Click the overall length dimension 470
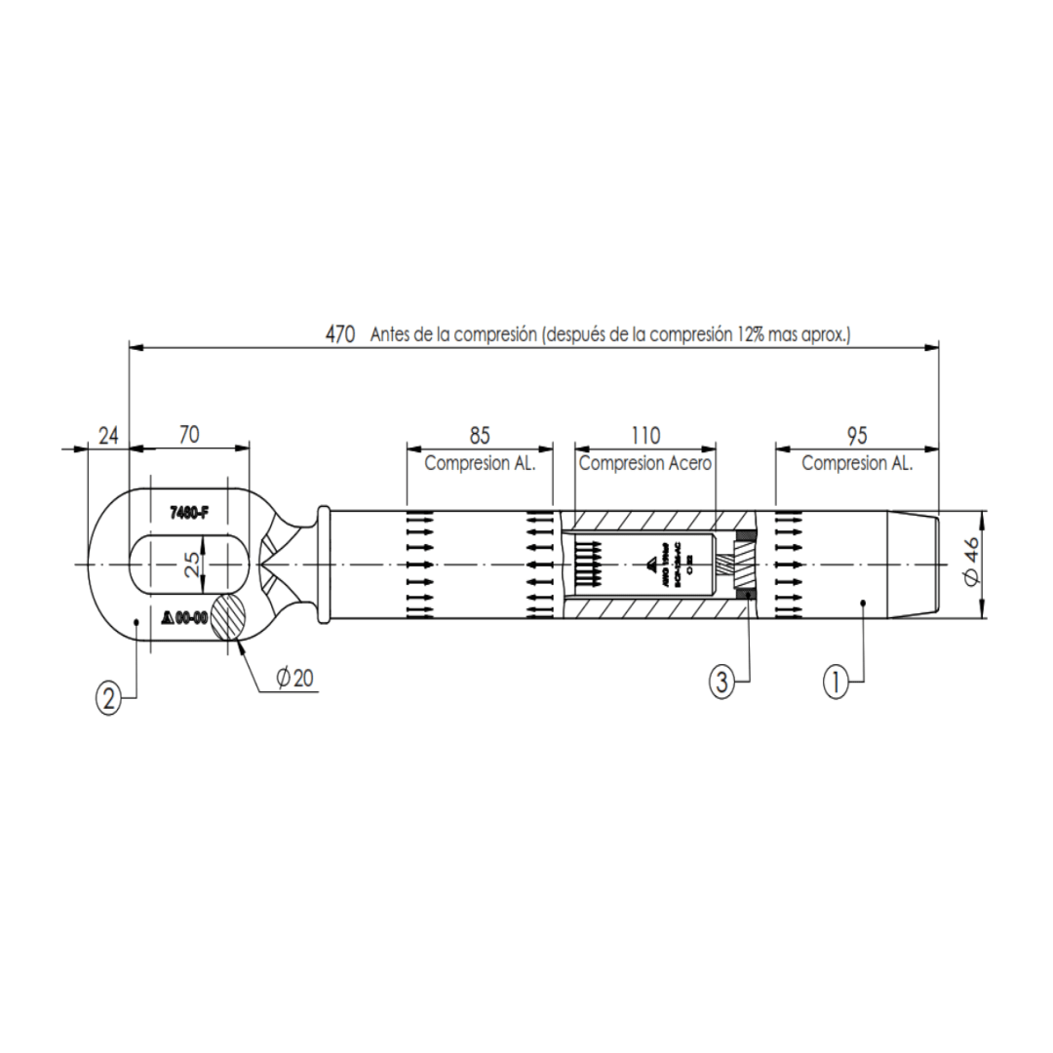click(339, 333)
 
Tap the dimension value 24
click(108, 435)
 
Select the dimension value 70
click(189, 435)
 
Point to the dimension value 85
click(480, 435)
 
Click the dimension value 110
click(645, 435)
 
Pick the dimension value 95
click(857, 435)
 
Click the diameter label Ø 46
click(969, 565)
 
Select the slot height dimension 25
click(192, 565)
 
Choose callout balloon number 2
click(109, 698)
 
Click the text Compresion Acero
click(645, 463)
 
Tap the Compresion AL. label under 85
click(480, 463)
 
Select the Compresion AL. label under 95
click(857, 463)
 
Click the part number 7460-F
click(189, 513)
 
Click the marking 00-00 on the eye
click(191, 617)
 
